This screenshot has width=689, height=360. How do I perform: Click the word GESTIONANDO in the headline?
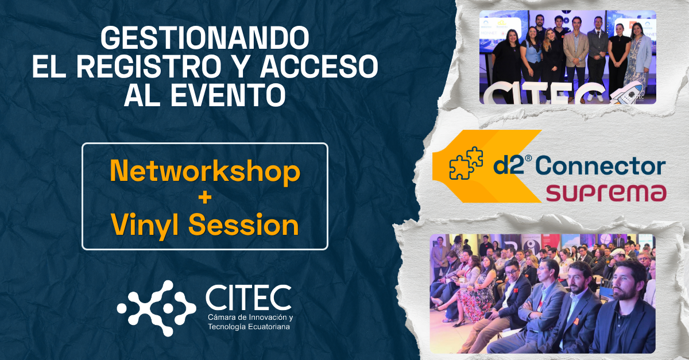205,38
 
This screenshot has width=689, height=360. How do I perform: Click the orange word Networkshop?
205,171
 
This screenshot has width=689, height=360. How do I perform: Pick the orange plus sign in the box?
205,199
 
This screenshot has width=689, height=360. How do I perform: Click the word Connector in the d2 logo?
603,166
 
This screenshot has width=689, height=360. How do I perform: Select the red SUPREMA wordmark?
606,193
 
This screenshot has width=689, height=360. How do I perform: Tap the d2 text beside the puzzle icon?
505,167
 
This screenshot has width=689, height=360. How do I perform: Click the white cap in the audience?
618,253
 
